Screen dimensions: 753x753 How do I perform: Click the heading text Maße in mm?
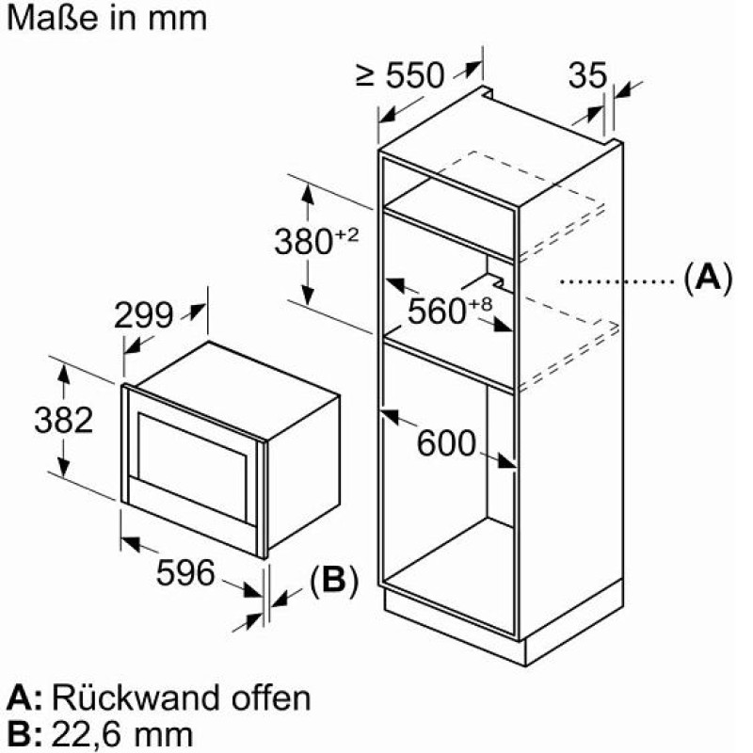[106, 18]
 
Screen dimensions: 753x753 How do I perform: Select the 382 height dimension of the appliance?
[63, 421]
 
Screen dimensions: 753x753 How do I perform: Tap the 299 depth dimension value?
[143, 315]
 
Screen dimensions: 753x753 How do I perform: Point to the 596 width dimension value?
[185, 572]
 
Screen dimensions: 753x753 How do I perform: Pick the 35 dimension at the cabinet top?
[587, 75]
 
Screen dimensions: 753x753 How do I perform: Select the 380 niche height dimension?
[303, 241]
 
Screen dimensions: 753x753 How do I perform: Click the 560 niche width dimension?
[437, 312]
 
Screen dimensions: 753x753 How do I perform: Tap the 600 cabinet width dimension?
[446, 442]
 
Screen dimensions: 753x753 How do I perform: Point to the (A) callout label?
[708, 279]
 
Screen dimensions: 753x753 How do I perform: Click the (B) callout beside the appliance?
[334, 580]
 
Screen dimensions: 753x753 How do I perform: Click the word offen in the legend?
[271, 697]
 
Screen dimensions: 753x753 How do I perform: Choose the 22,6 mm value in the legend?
[122, 734]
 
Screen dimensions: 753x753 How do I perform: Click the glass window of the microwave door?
[194, 468]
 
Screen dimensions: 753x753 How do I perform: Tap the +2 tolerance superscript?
[346, 234]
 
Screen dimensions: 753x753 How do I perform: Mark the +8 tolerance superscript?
[480, 304]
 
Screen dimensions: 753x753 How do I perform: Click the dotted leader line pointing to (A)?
[619, 281]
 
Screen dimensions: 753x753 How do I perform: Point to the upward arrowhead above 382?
[63, 374]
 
